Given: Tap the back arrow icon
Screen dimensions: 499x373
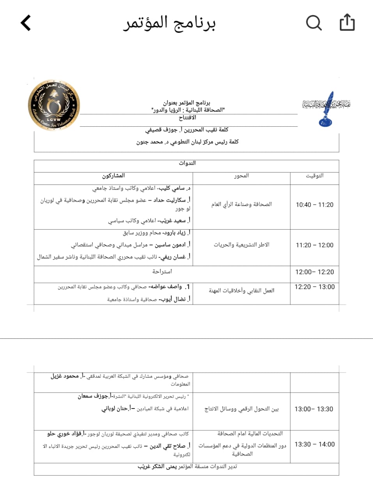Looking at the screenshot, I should pos(26,23).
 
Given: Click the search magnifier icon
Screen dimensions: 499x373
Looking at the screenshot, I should pos(314,23).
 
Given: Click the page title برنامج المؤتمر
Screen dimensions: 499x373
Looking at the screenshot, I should pos(169,23).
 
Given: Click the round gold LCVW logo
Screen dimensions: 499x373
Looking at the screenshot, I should pos(54,105).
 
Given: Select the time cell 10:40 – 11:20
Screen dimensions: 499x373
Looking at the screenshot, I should pos(314,205).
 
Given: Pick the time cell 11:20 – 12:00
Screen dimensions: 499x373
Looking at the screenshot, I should pos(314,245).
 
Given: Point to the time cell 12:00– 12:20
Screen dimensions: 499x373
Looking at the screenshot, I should pos(314,272).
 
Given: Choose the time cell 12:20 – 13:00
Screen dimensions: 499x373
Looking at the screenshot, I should pos(314,287).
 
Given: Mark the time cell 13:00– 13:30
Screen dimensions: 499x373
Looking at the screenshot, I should pos(314,409).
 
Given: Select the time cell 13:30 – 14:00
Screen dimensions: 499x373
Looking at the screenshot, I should pos(314,444).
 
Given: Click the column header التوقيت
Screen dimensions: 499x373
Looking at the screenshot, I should pos(314,176).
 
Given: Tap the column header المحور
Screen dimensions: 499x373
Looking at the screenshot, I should pos(242,176).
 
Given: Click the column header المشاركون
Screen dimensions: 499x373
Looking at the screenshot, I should pos(114,176).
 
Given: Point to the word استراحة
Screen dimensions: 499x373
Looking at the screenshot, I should pos(162,271).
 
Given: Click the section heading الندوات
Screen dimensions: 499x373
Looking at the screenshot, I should pos(187,163).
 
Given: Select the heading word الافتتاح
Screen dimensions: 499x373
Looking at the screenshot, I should pos(187,117).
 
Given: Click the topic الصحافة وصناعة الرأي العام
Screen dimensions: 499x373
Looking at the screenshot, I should pos(242,204).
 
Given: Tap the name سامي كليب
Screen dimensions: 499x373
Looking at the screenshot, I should pos(172,188).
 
